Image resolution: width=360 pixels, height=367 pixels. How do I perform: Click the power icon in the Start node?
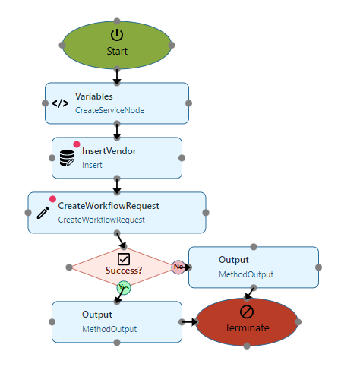tap(117, 35)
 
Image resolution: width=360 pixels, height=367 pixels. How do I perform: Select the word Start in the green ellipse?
tap(117, 51)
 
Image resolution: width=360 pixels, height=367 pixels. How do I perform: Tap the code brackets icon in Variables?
tap(60, 103)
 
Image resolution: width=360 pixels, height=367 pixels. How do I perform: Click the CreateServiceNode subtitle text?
tap(109, 110)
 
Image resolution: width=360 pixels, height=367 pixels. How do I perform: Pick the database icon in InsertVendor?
tap(67, 158)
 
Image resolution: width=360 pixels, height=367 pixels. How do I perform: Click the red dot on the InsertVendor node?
tap(77, 144)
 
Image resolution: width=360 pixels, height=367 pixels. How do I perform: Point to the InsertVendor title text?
tap(109, 151)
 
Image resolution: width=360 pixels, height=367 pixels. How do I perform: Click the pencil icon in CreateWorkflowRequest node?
tap(43, 213)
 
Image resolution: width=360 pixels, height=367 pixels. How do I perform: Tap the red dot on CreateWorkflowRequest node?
tap(52, 199)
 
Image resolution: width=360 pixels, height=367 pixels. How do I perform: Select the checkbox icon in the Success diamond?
tap(124, 259)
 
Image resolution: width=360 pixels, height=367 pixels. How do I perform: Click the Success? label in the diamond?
tap(124, 271)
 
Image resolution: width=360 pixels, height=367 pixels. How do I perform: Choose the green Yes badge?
tap(124, 287)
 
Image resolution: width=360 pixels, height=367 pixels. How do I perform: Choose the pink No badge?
tap(178, 267)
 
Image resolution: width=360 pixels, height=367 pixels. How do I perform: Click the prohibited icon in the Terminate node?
tap(247, 312)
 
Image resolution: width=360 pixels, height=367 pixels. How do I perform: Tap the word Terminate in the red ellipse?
tap(247, 327)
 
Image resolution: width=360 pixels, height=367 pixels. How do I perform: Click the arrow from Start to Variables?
tap(117, 77)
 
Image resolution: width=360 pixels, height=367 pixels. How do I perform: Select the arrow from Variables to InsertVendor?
tap(117, 131)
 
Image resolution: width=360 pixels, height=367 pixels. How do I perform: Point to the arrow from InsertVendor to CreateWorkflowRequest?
tap(117, 186)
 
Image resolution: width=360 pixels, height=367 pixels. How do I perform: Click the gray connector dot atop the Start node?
tap(117, 21)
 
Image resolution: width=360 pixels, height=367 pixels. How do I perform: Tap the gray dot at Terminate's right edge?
tap(298, 322)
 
